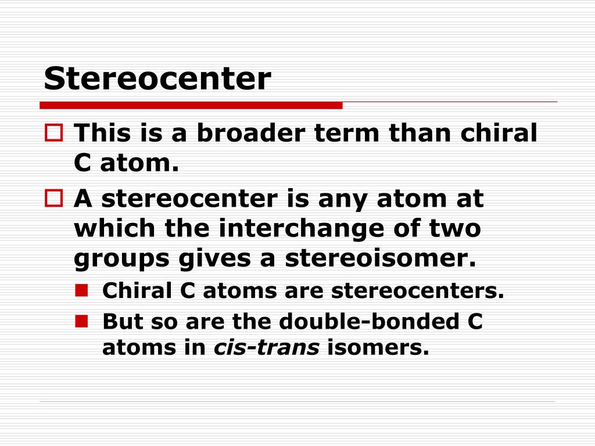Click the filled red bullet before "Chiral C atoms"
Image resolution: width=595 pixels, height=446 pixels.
coord(81,289)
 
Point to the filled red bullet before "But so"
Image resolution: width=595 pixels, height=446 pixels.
coord(81,319)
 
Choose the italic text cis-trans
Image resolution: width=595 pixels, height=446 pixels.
coord(267,348)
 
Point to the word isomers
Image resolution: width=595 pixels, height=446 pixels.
coord(378,348)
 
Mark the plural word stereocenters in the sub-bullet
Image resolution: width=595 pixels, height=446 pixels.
coord(417,291)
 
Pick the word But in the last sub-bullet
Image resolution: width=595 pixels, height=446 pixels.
coord(120,321)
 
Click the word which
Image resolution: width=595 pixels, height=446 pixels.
coord(114,228)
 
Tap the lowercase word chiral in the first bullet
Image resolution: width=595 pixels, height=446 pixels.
coord(499,134)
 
